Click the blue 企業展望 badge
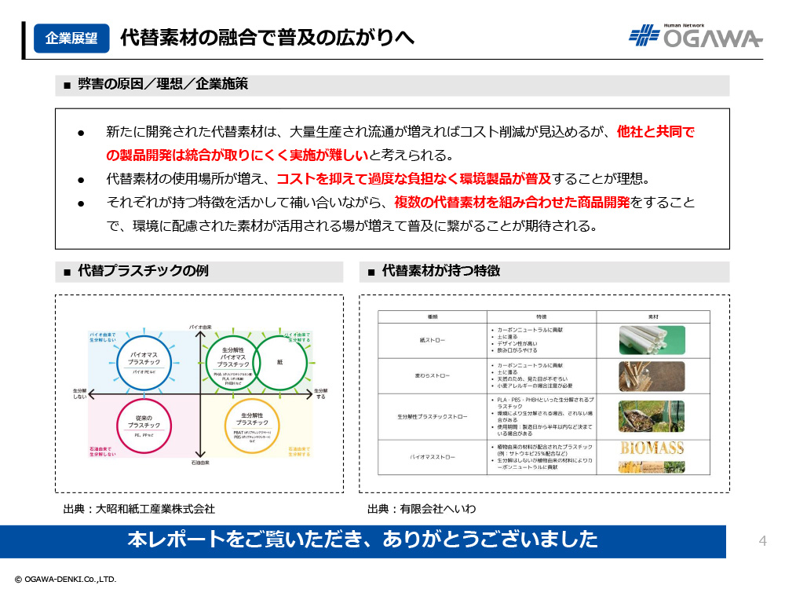point(71,38)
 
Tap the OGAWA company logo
point(695,37)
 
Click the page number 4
point(761,540)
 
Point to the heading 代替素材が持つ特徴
point(440,272)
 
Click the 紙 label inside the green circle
point(279,362)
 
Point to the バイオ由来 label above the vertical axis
point(201,325)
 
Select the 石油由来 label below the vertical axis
point(201,464)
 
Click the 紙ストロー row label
point(433,341)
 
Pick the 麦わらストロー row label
point(433,376)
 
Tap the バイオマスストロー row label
point(433,456)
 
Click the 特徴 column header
point(541,316)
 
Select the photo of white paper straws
point(652,340)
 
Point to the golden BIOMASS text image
point(652,448)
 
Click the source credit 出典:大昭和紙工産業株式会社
point(139,509)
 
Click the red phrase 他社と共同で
point(655,132)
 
